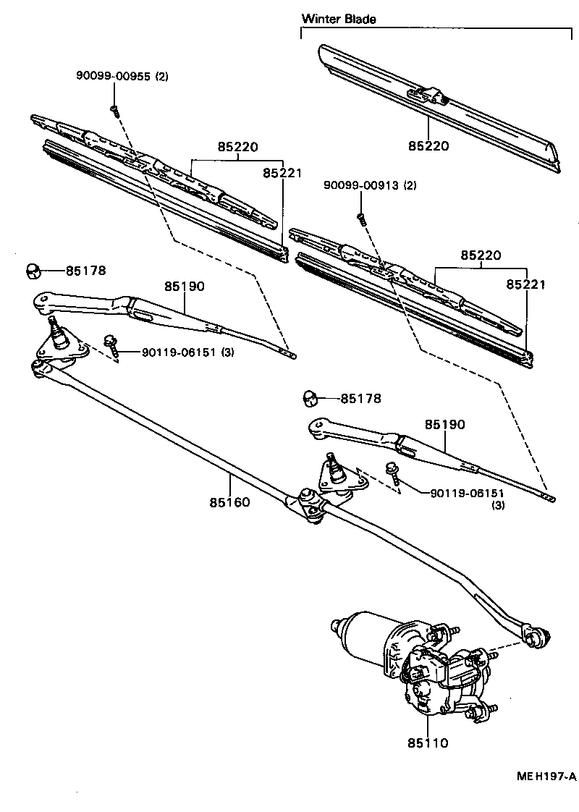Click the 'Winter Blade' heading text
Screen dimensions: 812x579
[339, 20]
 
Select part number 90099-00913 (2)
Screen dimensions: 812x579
[371, 186]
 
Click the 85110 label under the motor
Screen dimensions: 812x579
[427, 743]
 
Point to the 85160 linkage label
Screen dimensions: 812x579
[230, 502]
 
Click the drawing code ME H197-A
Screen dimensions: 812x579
[546, 777]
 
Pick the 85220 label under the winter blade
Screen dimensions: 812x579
[428, 146]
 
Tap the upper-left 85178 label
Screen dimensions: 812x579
[86, 271]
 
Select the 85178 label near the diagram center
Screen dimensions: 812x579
[360, 399]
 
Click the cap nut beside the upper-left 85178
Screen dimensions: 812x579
[33, 271]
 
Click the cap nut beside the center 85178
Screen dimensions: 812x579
[310, 398]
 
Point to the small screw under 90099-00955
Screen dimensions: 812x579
[114, 109]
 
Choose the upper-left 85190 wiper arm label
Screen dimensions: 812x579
[184, 287]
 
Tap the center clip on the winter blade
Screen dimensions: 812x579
[428, 95]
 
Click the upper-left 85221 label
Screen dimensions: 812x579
[282, 173]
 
